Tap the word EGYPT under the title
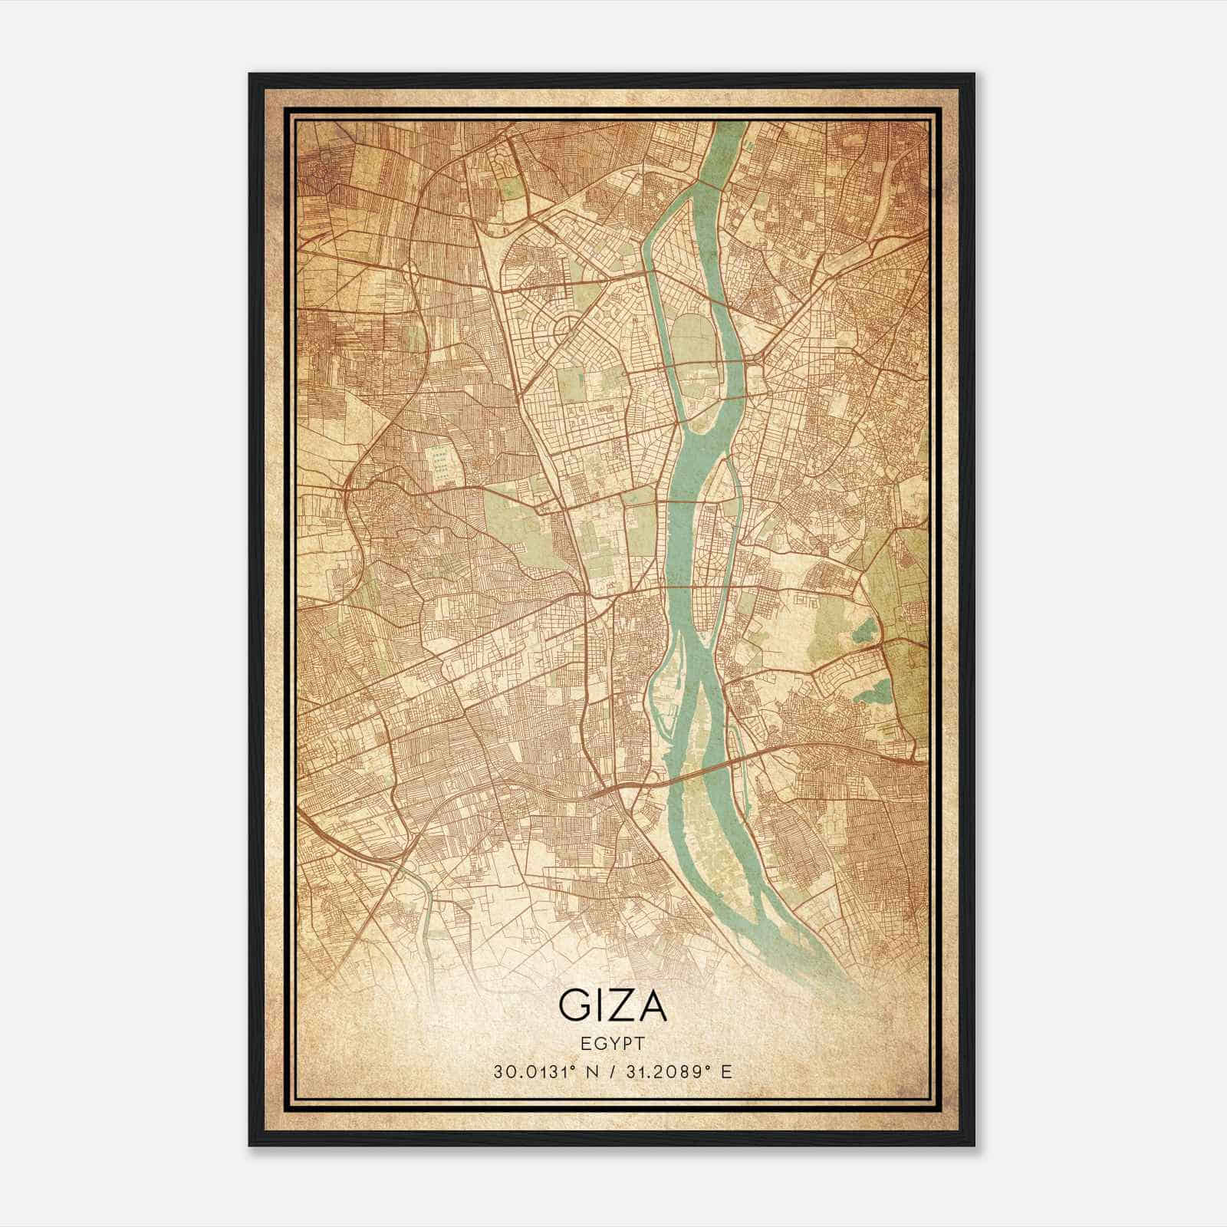612,1043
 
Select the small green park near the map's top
508,183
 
